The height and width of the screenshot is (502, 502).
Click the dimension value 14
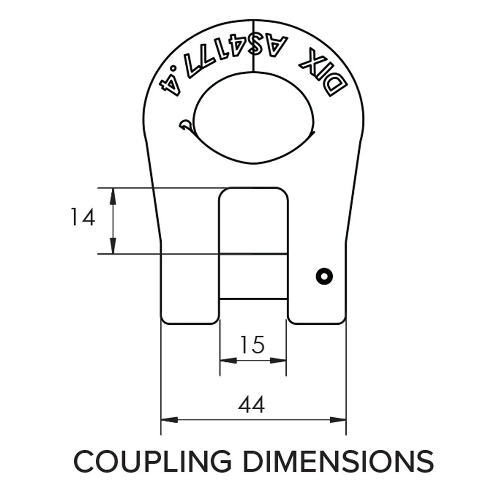click(82, 218)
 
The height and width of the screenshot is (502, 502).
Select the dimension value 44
click(252, 404)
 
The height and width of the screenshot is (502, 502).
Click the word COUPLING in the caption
click(153, 461)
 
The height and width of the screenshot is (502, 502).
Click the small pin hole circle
click(324, 276)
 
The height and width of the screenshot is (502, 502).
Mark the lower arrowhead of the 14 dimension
click(113, 246)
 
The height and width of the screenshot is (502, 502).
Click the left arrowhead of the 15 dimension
click(228, 360)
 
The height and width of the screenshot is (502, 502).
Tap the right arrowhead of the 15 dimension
click(279, 360)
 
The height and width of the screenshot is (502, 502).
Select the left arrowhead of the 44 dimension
click(169, 419)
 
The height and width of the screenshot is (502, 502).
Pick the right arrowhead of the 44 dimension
click(338, 419)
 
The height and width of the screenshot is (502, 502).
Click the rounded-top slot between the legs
click(254, 221)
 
